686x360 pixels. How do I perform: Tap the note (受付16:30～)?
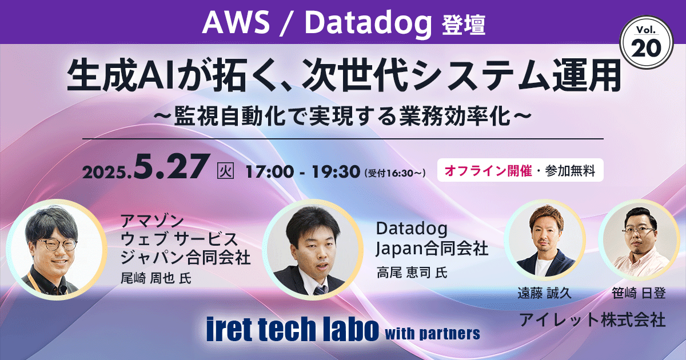coord(394,171)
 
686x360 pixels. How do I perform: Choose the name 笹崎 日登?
coord(638,294)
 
